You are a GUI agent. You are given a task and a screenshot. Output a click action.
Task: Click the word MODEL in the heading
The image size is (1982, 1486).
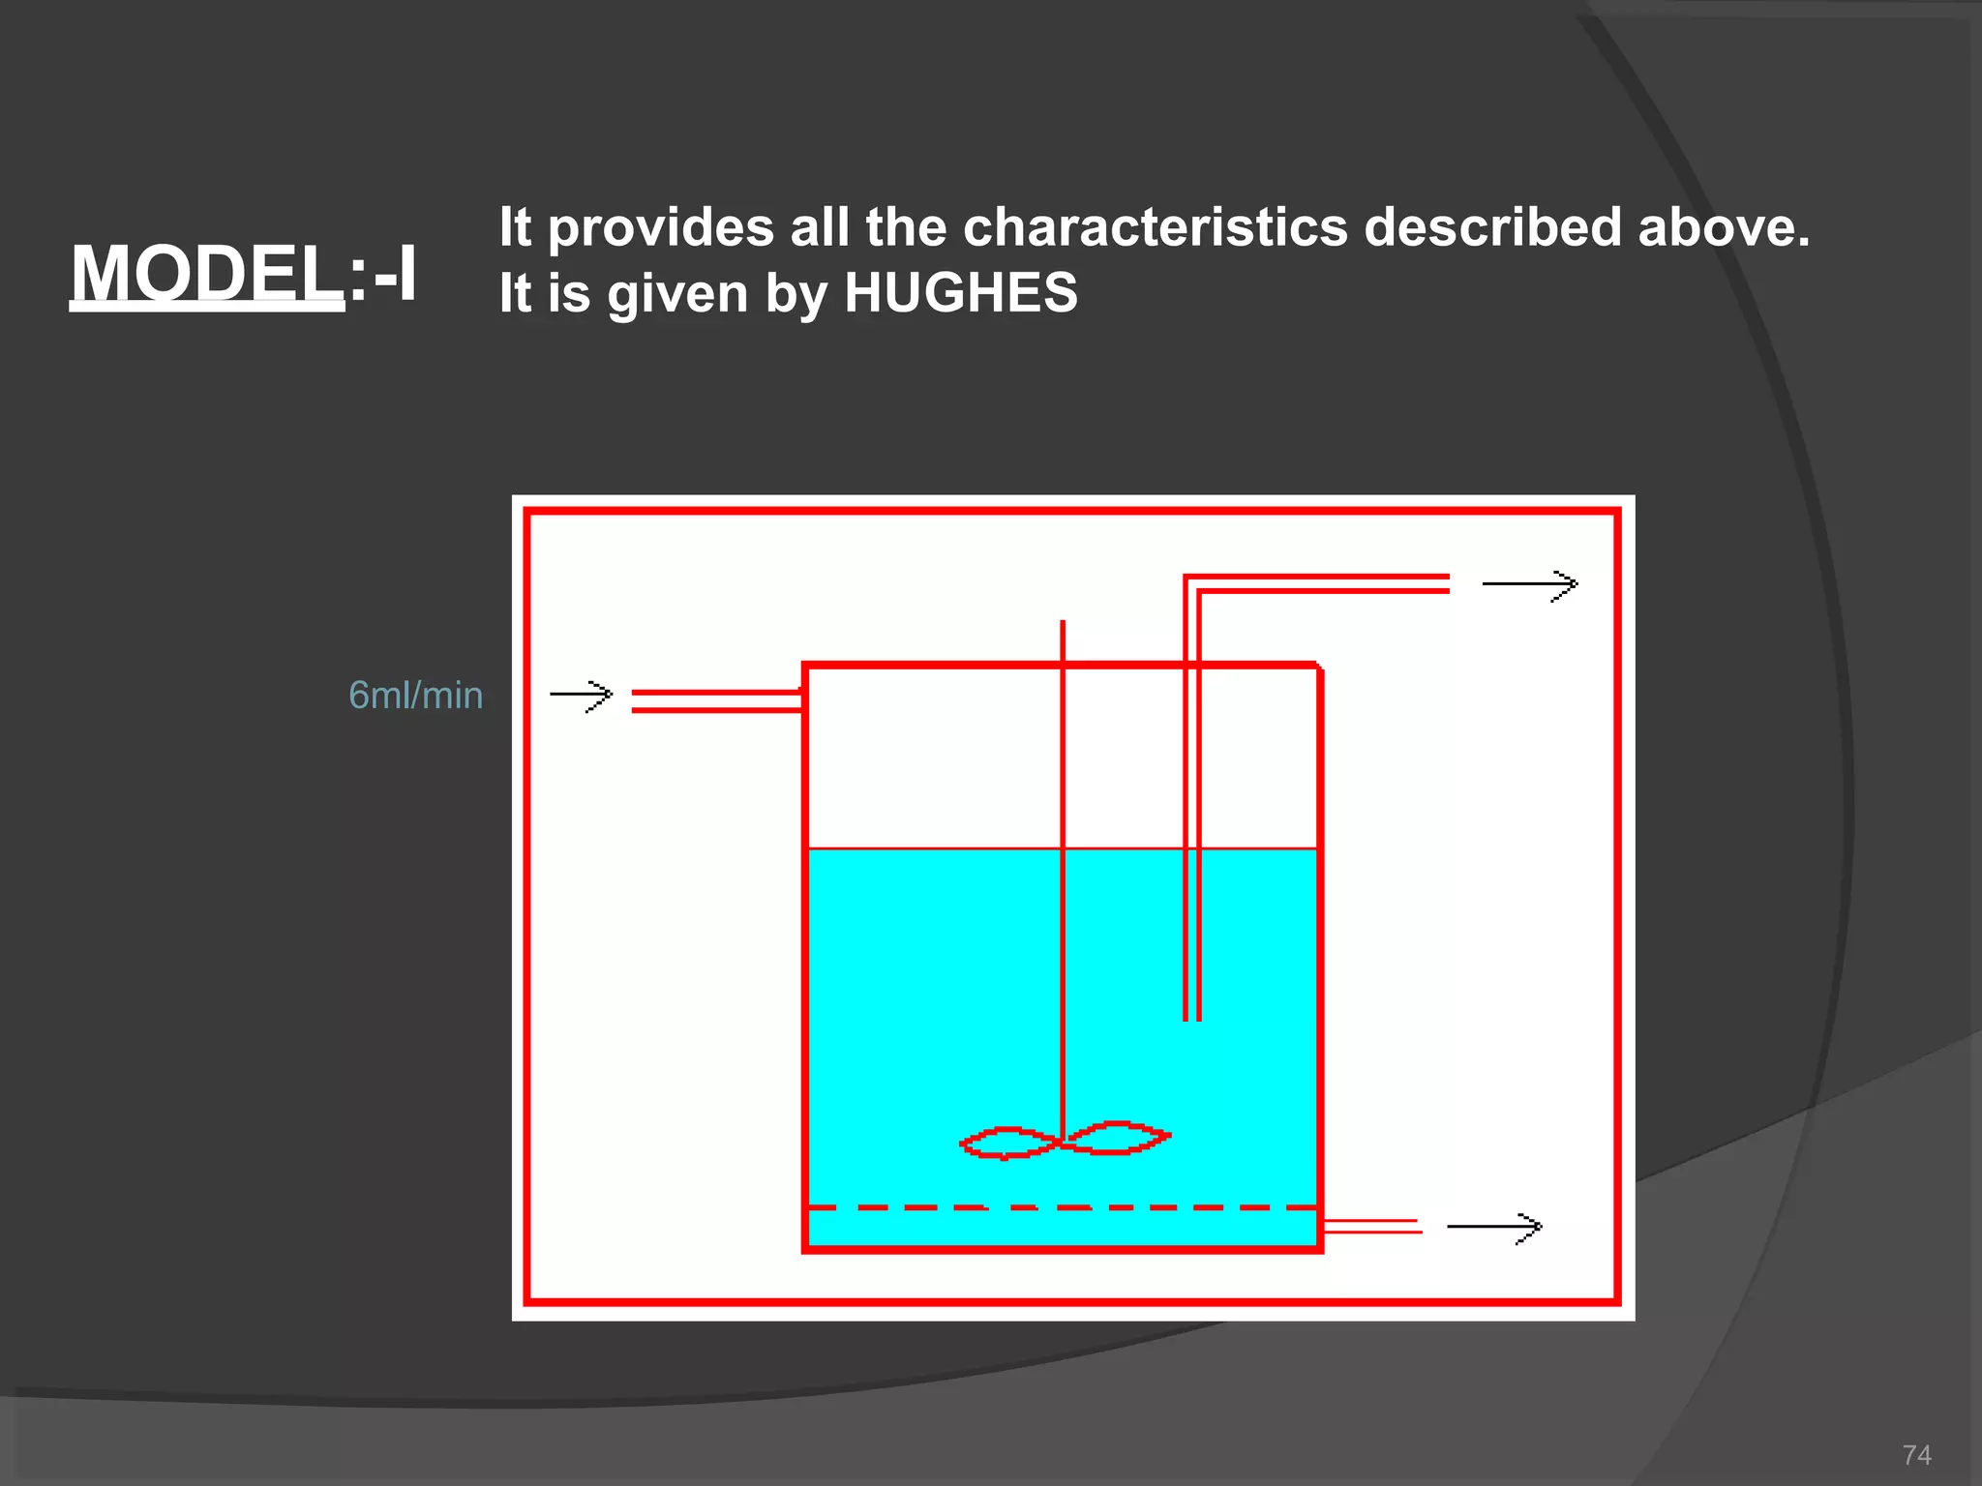(205, 273)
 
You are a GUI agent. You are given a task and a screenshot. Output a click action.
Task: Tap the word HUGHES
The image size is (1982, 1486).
(960, 292)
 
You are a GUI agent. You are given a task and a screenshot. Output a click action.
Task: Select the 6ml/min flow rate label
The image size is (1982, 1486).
(415, 696)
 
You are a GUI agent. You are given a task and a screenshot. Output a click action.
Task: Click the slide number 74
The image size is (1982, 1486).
(1916, 1455)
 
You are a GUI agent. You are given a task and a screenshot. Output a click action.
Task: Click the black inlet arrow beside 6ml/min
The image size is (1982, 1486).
(582, 695)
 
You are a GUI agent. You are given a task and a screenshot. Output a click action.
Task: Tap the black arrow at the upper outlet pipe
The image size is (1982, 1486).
(1530, 584)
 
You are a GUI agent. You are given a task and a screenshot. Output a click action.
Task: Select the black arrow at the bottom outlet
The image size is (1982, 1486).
(1494, 1227)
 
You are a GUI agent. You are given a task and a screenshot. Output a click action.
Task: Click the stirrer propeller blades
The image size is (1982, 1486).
(1064, 1142)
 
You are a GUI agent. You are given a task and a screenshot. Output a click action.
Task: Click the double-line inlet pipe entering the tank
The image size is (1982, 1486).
(716, 701)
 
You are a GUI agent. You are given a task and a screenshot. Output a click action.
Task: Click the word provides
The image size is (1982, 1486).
(661, 227)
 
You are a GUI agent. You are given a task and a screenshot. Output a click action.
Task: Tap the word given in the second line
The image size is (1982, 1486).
(677, 292)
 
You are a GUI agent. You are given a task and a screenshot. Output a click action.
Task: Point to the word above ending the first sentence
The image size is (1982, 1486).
(1722, 227)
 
